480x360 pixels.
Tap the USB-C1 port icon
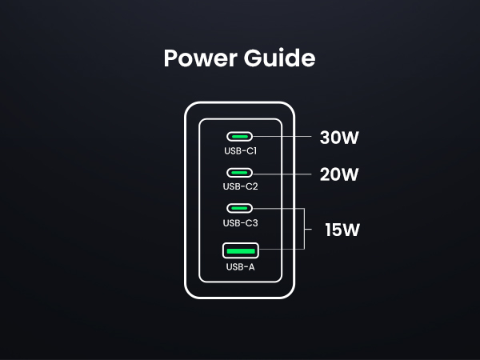click(x=240, y=137)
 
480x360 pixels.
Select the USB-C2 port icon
click(x=240, y=173)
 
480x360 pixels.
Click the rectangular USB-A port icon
click(x=240, y=251)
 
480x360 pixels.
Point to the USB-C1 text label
click(x=240, y=150)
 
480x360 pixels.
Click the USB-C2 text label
click(x=240, y=186)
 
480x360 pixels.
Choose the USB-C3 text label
click(x=240, y=222)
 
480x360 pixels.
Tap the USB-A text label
click(x=240, y=267)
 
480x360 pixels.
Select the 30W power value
click(x=339, y=138)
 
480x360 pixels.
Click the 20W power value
click(x=339, y=174)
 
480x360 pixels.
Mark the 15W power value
click(x=342, y=230)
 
